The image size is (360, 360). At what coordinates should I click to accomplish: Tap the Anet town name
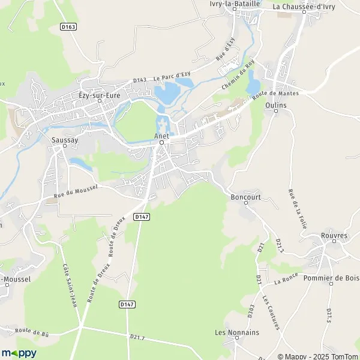[x=161, y=136]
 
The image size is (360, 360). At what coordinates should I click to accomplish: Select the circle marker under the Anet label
[x=161, y=143]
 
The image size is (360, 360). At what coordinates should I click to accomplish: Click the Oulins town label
[x=275, y=105]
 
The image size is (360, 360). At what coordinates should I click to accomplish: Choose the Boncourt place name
[x=244, y=196]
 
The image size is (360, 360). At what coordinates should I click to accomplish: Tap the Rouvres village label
[x=334, y=236]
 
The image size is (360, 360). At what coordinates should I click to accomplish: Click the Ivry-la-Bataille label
[x=252, y=4]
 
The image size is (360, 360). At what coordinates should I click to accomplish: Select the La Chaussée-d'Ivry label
[x=303, y=7]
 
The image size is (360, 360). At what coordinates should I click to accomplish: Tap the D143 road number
[x=140, y=80]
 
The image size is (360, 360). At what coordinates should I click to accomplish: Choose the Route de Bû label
[x=32, y=331]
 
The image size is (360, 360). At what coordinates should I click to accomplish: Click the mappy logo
[x=19, y=353]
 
